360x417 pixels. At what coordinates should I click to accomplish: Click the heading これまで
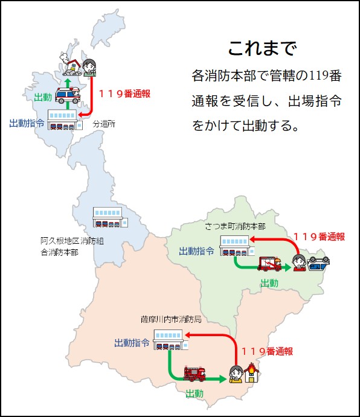pos(263,48)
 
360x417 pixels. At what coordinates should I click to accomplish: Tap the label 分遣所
pos(104,124)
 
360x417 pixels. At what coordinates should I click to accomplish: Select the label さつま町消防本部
pos(235,226)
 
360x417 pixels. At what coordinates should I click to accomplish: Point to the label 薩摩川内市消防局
pos(171,319)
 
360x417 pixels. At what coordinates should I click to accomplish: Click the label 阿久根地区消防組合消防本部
pos(72,246)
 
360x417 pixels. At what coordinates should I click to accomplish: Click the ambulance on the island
pos(68,95)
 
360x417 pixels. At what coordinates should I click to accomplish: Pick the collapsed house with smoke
pos(71,65)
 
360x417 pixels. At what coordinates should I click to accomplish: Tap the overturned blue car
pos(318,263)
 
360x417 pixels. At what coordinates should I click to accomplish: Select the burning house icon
pos(252,372)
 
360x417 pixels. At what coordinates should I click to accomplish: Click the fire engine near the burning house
pos(194,374)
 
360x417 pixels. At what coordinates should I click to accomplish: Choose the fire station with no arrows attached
pos(111,217)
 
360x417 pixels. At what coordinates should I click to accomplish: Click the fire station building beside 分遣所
pos(65,119)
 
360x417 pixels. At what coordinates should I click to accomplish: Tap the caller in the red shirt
pos(299,263)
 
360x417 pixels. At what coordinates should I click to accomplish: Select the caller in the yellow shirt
pos(236,374)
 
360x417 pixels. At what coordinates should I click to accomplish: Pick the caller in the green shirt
pos(89,68)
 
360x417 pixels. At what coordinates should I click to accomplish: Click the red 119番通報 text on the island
pos(124,94)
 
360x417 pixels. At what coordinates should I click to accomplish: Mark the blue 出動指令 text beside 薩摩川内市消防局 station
pos(132,343)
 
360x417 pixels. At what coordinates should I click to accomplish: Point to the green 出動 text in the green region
pos(269,283)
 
